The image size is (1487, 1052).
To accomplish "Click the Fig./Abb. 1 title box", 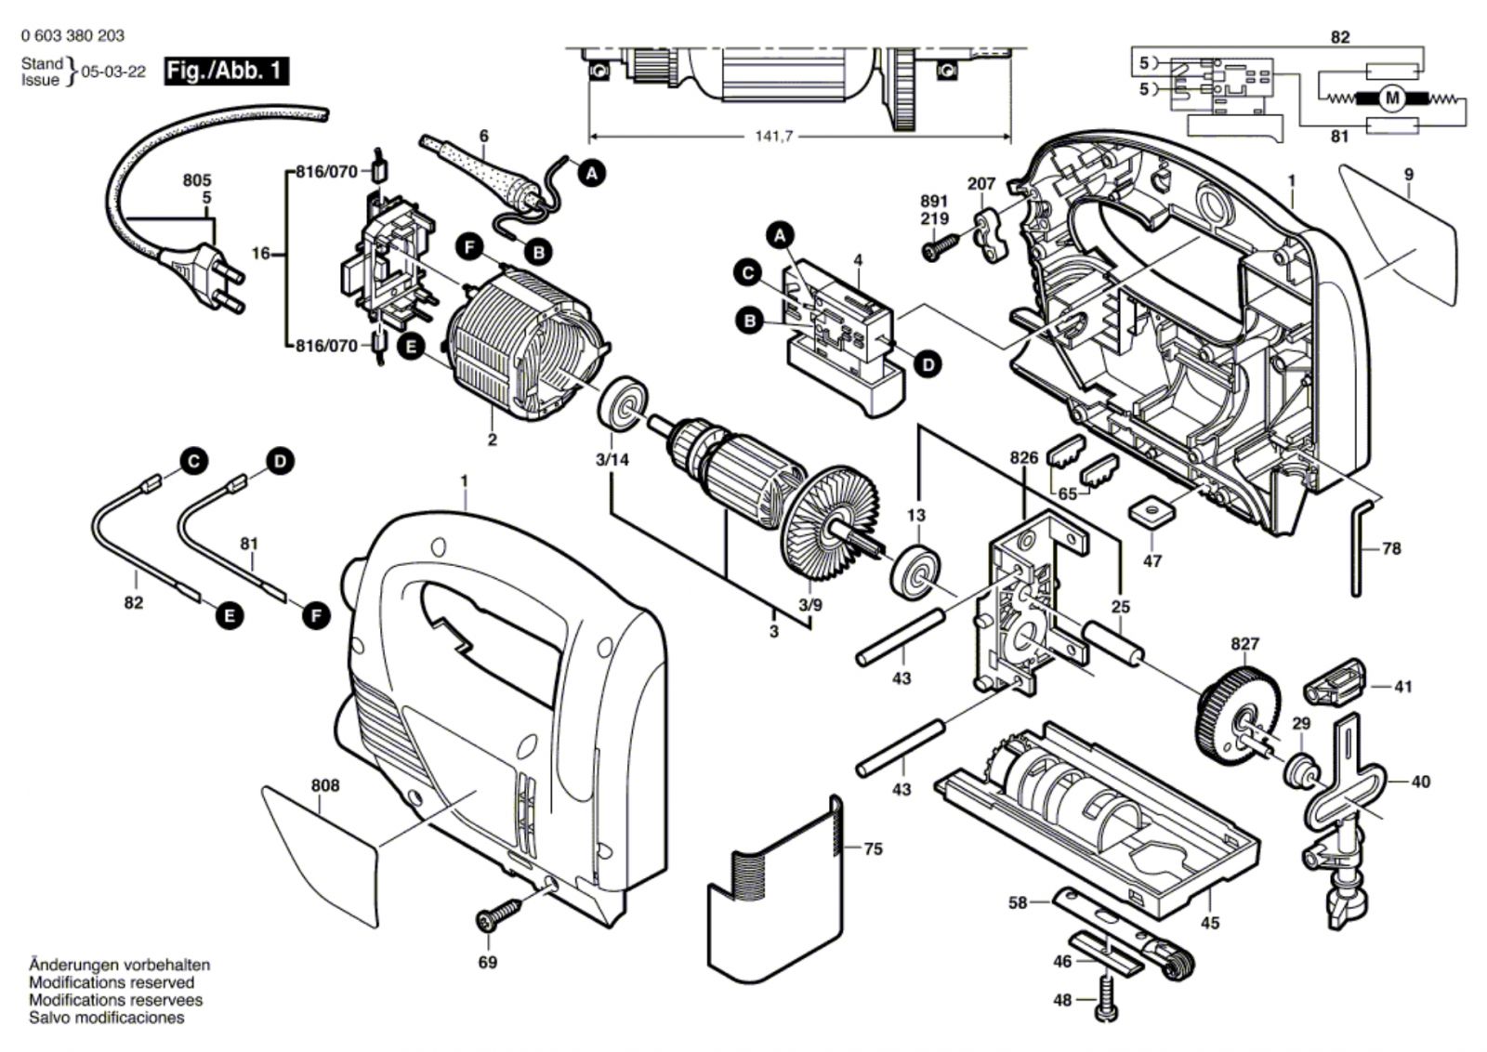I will pyautogui.click(x=226, y=71).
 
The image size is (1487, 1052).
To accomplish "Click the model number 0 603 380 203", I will pyautogui.click(x=72, y=36).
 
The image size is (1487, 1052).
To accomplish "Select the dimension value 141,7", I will pyautogui.click(x=773, y=137).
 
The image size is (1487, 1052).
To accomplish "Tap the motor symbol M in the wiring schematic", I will pyautogui.click(x=1391, y=98).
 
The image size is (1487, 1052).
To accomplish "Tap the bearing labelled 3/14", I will pyautogui.click(x=618, y=401).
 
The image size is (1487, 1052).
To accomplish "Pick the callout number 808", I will pyautogui.click(x=325, y=785).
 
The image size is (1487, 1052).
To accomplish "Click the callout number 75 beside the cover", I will pyautogui.click(x=873, y=848).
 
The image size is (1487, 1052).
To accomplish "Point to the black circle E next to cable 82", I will pyautogui.click(x=228, y=614).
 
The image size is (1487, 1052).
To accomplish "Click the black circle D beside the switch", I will pyautogui.click(x=928, y=364).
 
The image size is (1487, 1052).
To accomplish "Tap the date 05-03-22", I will pyautogui.click(x=113, y=72).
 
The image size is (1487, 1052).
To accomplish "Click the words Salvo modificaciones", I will pyautogui.click(x=106, y=1018).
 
